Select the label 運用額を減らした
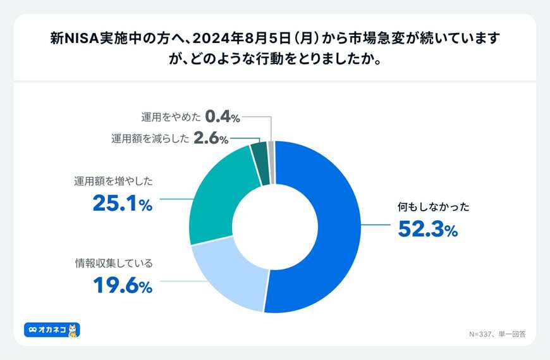tap(150, 139)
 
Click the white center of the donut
tap(275, 227)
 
